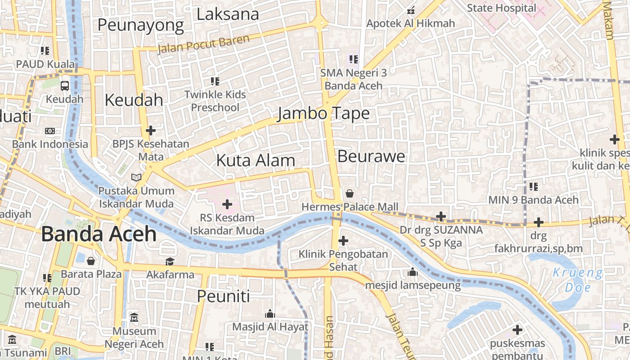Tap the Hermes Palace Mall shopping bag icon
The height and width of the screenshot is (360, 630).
point(350,193)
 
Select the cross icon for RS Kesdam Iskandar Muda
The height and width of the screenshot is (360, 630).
point(227,204)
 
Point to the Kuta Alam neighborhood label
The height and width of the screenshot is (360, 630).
point(256,160)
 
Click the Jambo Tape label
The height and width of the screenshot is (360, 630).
point(323,113)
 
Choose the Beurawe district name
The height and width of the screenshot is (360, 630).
point(371,156)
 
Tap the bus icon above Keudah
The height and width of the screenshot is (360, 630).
point(65,85)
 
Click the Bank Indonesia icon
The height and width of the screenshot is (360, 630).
point(50,131)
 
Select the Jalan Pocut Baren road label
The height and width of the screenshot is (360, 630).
point(203,45)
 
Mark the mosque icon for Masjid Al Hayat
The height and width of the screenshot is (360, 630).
point(270,314)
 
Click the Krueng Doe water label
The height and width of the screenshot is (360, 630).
point(577,280)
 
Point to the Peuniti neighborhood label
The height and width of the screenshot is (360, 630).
point(223,296)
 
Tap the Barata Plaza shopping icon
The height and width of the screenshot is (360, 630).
point(91,261)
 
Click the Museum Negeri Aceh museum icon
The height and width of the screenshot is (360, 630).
point(134,318)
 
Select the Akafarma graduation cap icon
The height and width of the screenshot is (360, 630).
point(170,261)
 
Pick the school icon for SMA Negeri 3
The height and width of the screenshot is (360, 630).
point(353,59)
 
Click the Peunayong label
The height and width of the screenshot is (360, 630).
point(140,25)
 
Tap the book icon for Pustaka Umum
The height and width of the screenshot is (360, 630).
point(136,177)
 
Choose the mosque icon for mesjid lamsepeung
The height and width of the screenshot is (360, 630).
point(412,272)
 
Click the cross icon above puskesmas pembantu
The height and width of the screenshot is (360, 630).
point(517,330)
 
